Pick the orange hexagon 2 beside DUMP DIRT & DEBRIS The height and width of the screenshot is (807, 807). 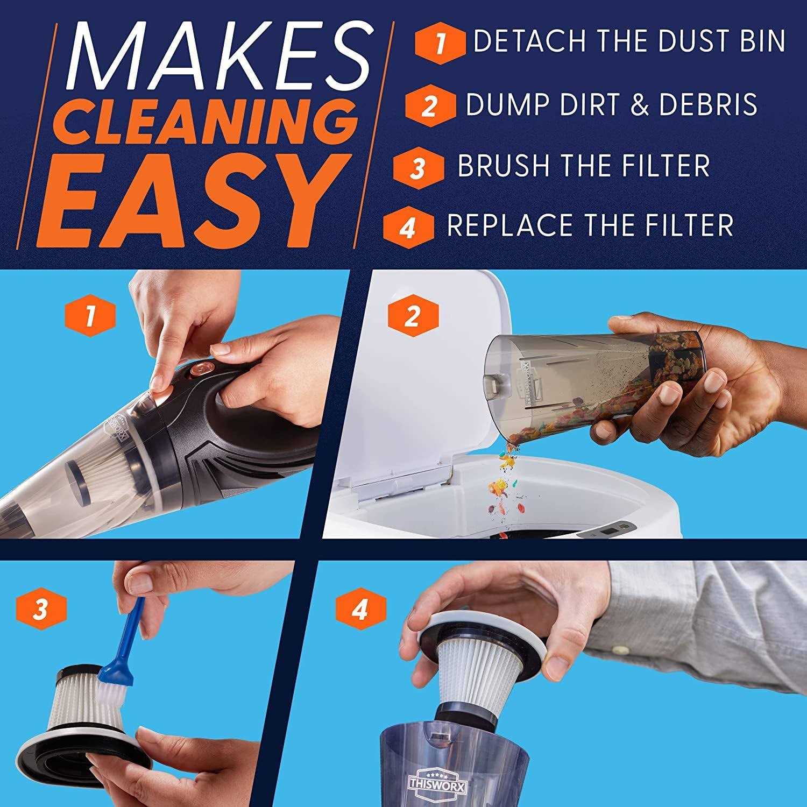[x=429, y=105]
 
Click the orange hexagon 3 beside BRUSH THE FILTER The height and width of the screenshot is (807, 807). [x=419, y=167]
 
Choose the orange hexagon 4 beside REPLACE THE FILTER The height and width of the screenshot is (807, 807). [x=408, y=228]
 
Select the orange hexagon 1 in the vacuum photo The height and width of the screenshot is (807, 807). [x=90, y=316]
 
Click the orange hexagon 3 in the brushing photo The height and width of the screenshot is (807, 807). [x=41, y=609]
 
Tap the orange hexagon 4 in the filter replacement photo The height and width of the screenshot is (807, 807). [x=360, y=609]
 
